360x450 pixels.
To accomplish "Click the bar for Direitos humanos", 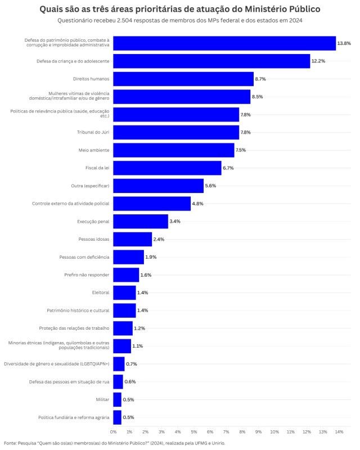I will (x=183, y=79).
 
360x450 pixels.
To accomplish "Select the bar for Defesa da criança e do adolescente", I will (x=211, y=61).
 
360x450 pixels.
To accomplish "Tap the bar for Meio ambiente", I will (x=174, y=150).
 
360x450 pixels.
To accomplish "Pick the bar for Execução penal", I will (x=141, y=221).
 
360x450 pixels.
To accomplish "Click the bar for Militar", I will (x=117, y=399).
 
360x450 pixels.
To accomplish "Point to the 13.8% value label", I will (x=344, y=43).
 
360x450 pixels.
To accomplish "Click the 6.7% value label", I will (x=228, y=168).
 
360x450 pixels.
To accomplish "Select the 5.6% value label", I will (x=210, y=186).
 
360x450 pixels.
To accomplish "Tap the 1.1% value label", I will (x=137, y=346).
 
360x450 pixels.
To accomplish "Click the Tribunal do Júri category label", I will (x=93, y=132).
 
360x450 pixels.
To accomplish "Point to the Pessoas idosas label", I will (x=94, y=239).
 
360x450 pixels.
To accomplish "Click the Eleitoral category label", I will (x=101, y=292).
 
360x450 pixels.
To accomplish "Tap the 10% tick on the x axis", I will (x=274, y=431).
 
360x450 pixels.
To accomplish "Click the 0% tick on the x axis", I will (x=113, y=431).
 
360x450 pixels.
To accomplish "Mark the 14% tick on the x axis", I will (x=339, y=431).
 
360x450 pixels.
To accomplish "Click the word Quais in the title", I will (x=52, y=10).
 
